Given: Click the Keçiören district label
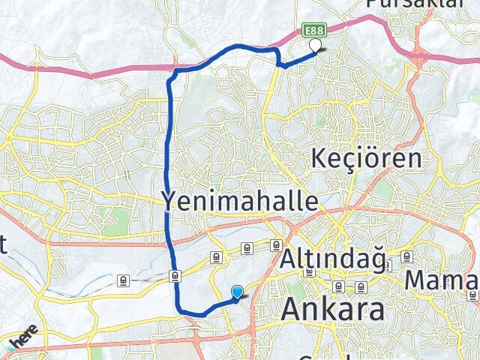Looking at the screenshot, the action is pos(367,159).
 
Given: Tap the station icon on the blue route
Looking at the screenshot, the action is pos(174,275).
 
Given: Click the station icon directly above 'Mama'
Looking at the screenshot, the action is pos(407,256).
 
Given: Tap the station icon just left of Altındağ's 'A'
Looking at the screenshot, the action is pos(276,245).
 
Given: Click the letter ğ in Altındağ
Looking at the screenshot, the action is pos(377,260).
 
